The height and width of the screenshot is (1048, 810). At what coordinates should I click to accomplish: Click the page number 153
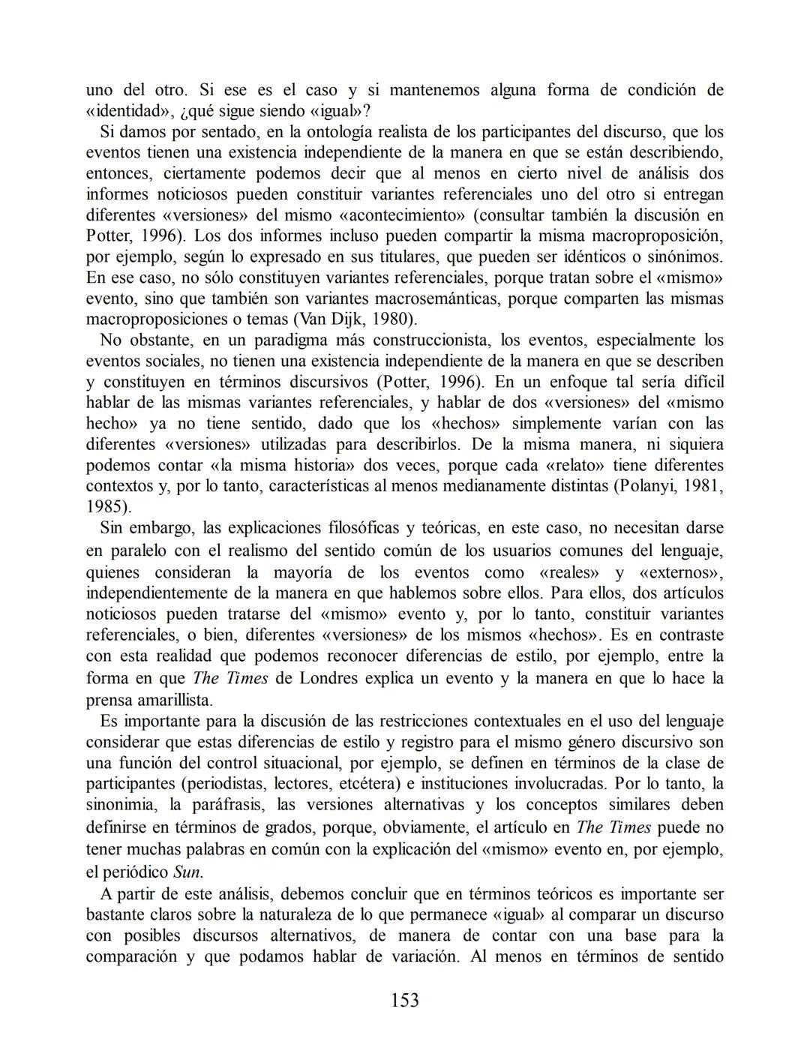(405, 1000)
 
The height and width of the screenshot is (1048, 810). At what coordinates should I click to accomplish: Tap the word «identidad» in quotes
(130, 111)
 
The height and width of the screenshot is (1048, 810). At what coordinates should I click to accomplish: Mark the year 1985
(104, 506)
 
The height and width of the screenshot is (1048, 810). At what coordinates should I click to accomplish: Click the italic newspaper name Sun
(187, 872)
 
